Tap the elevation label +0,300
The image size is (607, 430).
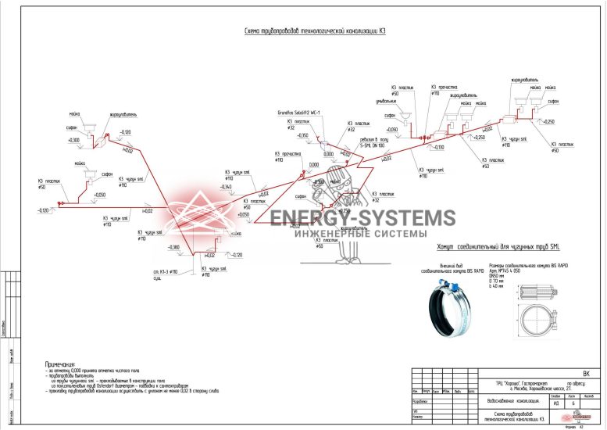[73, 140]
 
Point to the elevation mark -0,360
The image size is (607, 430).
[173, 247]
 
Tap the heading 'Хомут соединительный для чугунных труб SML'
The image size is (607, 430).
[499, 247]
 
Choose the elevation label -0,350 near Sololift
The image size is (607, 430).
[298, 135]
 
